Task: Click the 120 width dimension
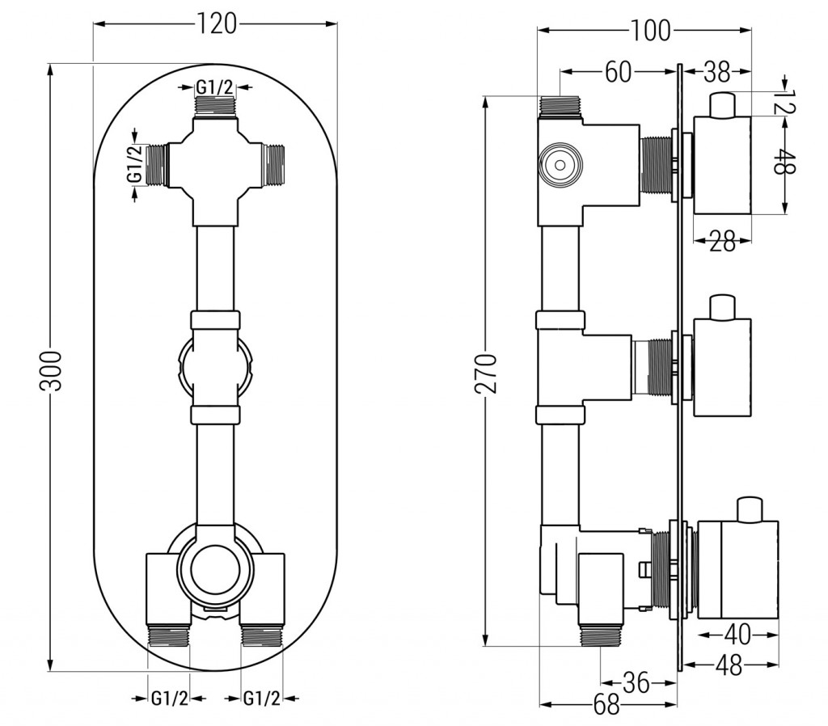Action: pos(217,25)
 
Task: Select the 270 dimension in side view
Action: pos(486,372)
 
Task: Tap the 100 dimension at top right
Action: pos(651,31)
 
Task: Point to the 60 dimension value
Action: pos(618,72)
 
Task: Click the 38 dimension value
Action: pos(716,72)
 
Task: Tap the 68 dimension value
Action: pos(606,705)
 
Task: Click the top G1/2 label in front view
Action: pos(214,87)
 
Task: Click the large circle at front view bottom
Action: pos(214,565)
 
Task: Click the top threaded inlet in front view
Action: pos(215,106)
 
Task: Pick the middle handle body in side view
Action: pos(724,368)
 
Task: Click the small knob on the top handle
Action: pos(724,104)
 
